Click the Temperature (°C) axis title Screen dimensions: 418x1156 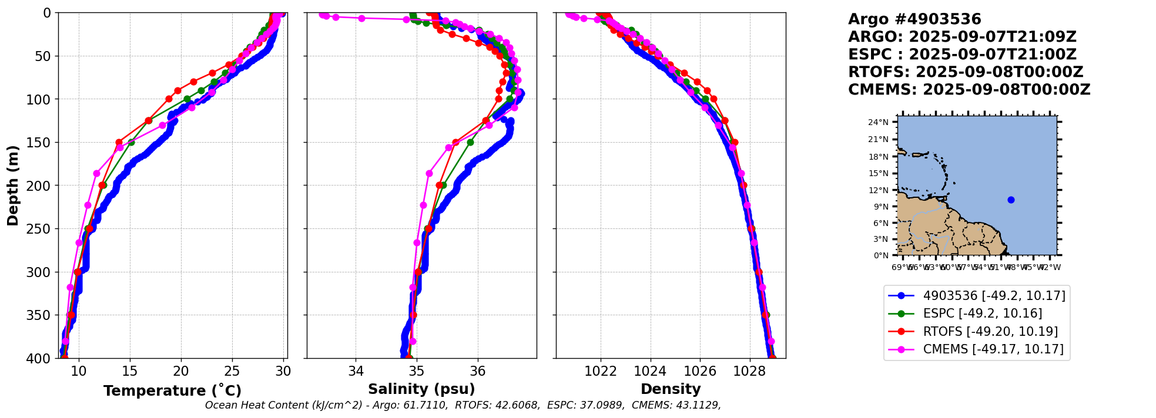point(172,391)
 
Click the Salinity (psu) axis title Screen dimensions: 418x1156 point(421,389)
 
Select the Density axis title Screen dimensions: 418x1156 point(671,389)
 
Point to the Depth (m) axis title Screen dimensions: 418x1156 point(13,185)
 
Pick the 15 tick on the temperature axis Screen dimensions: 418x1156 point(130,371)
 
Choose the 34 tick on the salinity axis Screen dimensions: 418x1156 point(356,371)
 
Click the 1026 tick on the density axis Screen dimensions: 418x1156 point(701,371)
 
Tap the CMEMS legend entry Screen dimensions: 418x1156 point(993,349)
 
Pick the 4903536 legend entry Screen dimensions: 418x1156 point(994,296)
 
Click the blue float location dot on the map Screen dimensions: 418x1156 point(1011,200)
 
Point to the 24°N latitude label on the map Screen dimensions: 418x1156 point(879,122)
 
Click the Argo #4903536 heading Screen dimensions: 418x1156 point(914,19)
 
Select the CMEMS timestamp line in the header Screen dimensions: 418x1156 point(969,90)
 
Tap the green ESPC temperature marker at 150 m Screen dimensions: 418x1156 point(131,142)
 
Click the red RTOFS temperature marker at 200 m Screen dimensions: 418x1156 point(102,186)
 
